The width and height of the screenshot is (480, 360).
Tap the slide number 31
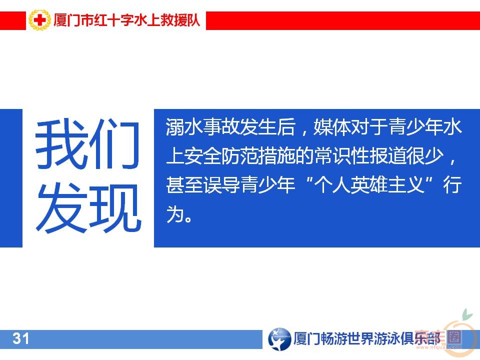pos(20,339)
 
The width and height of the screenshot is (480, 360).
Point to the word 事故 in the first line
pos(225,128)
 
